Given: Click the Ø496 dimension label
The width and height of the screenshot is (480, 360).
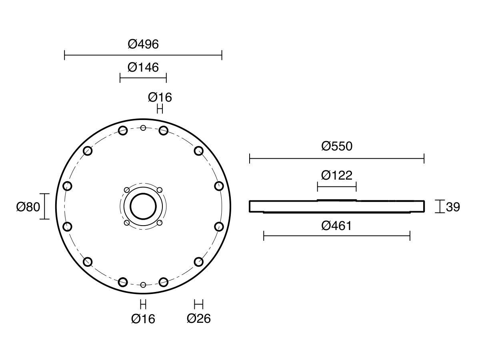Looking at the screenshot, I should click(x=143, y=44).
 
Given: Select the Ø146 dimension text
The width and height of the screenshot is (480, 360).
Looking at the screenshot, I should click(x=143, y=67).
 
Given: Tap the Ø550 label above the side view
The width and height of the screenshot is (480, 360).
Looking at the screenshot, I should click(x=337, y=146).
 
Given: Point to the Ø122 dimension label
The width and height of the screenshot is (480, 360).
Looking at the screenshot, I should click(x=337, y=175).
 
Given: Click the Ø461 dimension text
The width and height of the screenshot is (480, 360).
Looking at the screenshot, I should click(x=337, y=226).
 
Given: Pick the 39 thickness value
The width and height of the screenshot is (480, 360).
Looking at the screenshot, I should click(x=452, y=207).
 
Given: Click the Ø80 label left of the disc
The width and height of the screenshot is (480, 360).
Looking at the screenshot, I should click(x=28, y=207).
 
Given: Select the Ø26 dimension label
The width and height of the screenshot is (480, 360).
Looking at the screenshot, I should click(x=198, y=319).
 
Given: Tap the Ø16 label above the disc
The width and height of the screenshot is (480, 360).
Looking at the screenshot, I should click(x=160, y=97).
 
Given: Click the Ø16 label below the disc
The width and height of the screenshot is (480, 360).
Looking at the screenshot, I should click(x=143, y=319).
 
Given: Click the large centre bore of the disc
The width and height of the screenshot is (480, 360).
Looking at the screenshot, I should click(x=143, y=206).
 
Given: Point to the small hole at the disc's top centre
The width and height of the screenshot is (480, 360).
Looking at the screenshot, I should click(x=143, y=128).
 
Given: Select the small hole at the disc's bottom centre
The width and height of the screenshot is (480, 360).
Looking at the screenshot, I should click(x=143, y=285).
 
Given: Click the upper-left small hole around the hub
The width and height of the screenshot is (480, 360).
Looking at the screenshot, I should click(x=127, y=190).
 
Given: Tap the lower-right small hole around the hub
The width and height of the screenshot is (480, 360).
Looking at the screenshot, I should click(x=159, y=222).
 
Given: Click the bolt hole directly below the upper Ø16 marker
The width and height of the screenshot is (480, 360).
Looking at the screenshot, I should click(x=163, y=130).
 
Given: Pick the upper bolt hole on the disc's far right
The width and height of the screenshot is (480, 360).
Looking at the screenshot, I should click(x=218, y=186).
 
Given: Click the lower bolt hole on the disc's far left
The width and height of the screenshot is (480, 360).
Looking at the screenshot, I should click(x=68, y=227).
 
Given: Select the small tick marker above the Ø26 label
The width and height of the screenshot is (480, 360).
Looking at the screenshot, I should click(x=198, y=304).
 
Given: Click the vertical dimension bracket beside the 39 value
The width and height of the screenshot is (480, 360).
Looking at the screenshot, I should click(x=440, y=206).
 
